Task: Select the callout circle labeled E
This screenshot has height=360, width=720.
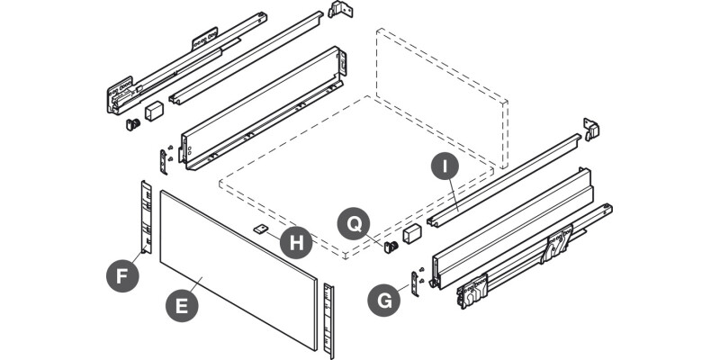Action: click(183, 305)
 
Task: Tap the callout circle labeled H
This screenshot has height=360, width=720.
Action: click(295, 242)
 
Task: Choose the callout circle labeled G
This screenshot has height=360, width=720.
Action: click(385, 300)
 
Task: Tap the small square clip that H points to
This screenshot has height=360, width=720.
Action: click(259, 229)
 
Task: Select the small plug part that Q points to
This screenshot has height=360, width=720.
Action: click(391, 246)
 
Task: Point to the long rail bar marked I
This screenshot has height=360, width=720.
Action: click(504, 180)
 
